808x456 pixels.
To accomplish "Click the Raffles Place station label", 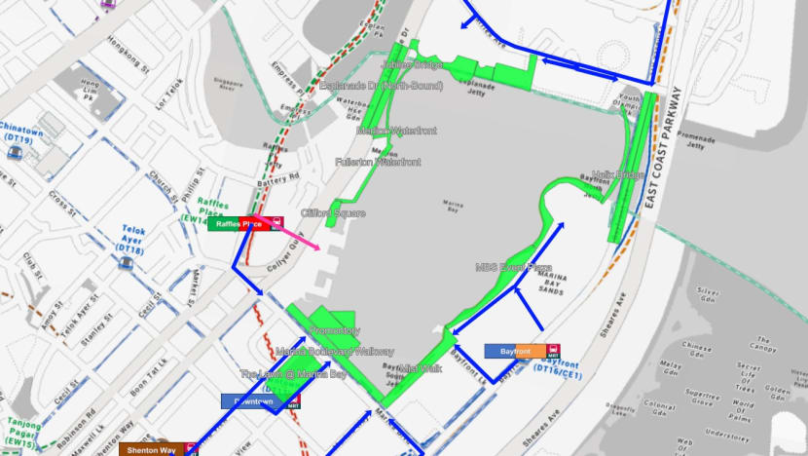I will pyautogui.click(x=239, y=223).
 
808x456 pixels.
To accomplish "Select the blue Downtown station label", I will pyautogui.click(x=252, y=401).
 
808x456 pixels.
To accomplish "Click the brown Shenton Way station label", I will pyautogui.click(x=154, y=450).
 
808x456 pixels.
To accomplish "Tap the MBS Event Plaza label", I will pyautogui.click(x=513, y=266).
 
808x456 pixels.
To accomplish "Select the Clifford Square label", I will pyautogui.click(x=333, y=213).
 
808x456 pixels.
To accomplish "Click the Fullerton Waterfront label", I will pyautogui.click(x=378, y=162).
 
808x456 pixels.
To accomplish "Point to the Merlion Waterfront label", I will pyautogui.click(x=396, y=131).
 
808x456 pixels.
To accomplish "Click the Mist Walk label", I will pyautogui.click(x=421, y=368).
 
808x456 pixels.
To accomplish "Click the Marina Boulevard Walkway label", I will pyautogui.click(x=334, y=351).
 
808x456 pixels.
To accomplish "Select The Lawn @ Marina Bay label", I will pyautogui.click(x=293, y=374).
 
